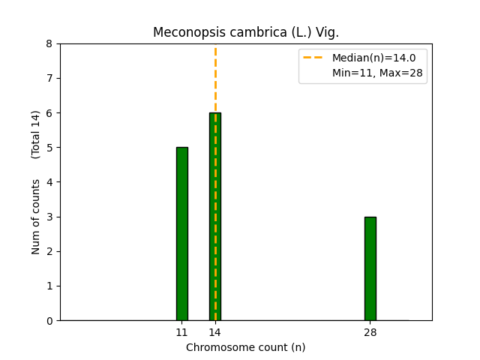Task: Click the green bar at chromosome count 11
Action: coord(181,234)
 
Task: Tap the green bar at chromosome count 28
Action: coord(370,268)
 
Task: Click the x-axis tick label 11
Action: coord(181,332)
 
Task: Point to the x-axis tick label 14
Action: coord(214,332)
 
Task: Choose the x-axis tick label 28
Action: coord(370,332)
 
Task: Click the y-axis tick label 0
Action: coord(49,321)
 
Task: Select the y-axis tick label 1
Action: coord(49,286)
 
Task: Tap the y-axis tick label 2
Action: coord(49,251)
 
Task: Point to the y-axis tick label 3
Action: coord(49,217)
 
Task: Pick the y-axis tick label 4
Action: coord(49,182)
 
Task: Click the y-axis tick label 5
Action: coord(49,148)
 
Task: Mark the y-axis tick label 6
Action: coord(49,113)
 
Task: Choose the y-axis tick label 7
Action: coord(49,79)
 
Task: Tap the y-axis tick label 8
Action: coord(49,44)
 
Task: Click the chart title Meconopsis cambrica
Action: coord(246,32)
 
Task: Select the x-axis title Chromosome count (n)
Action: coord(246,347)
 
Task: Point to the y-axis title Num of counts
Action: coord(36,216)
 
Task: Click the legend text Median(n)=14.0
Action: coord(368,58)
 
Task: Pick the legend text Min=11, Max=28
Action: coord(377,73)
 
